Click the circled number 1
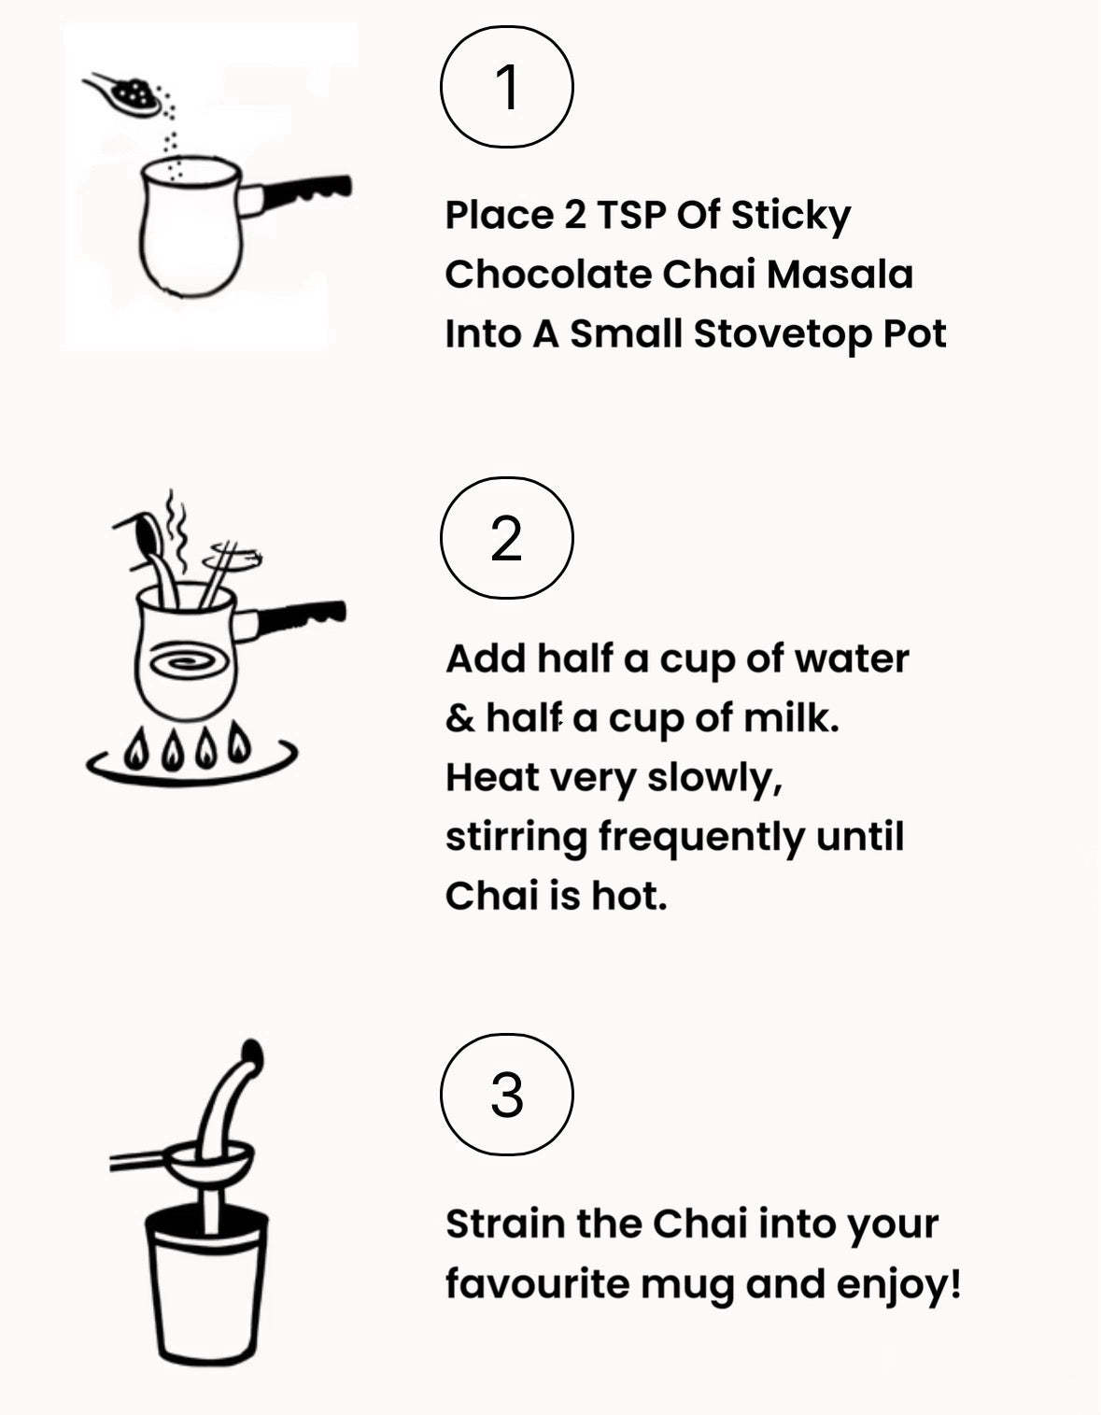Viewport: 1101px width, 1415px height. (x=506, y=87)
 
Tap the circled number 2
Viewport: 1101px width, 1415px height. (x=506, y=538)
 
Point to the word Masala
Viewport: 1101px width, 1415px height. (x=840, y=274)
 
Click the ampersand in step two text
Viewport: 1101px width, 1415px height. (x=460, y=718)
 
